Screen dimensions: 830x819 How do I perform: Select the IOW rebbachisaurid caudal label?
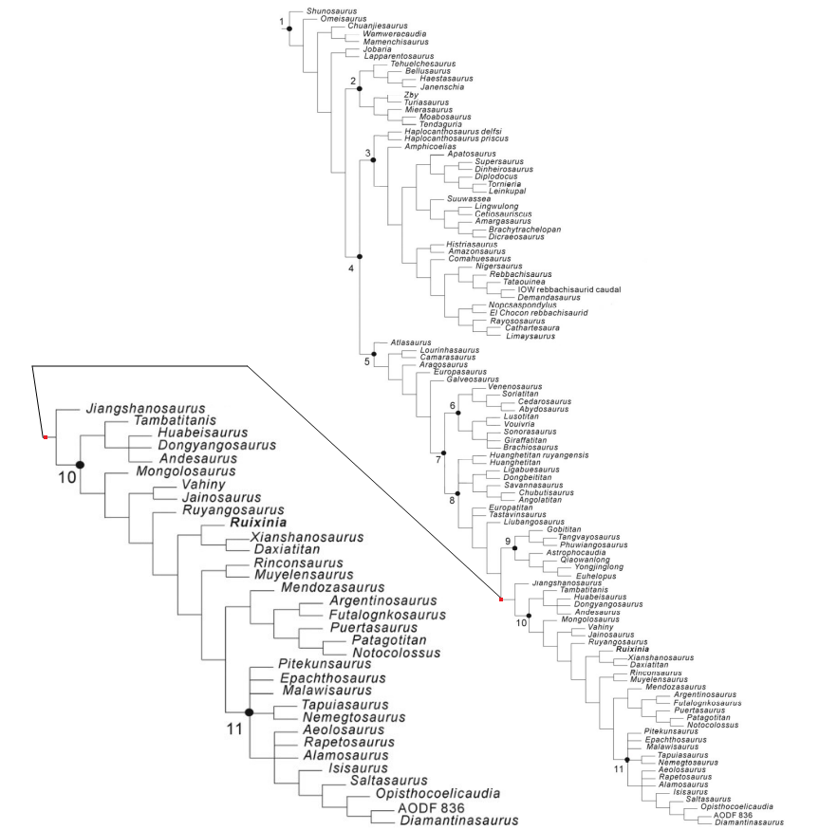point(556,289)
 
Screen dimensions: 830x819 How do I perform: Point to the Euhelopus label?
point(560,574)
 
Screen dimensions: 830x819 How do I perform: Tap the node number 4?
point(351,267)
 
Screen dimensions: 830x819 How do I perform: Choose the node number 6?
point(453,406)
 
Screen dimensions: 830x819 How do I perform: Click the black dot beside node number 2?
point(360,88)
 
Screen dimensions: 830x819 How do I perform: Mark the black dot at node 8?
point(457,492)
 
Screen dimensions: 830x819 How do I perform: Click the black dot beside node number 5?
point(374,354)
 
